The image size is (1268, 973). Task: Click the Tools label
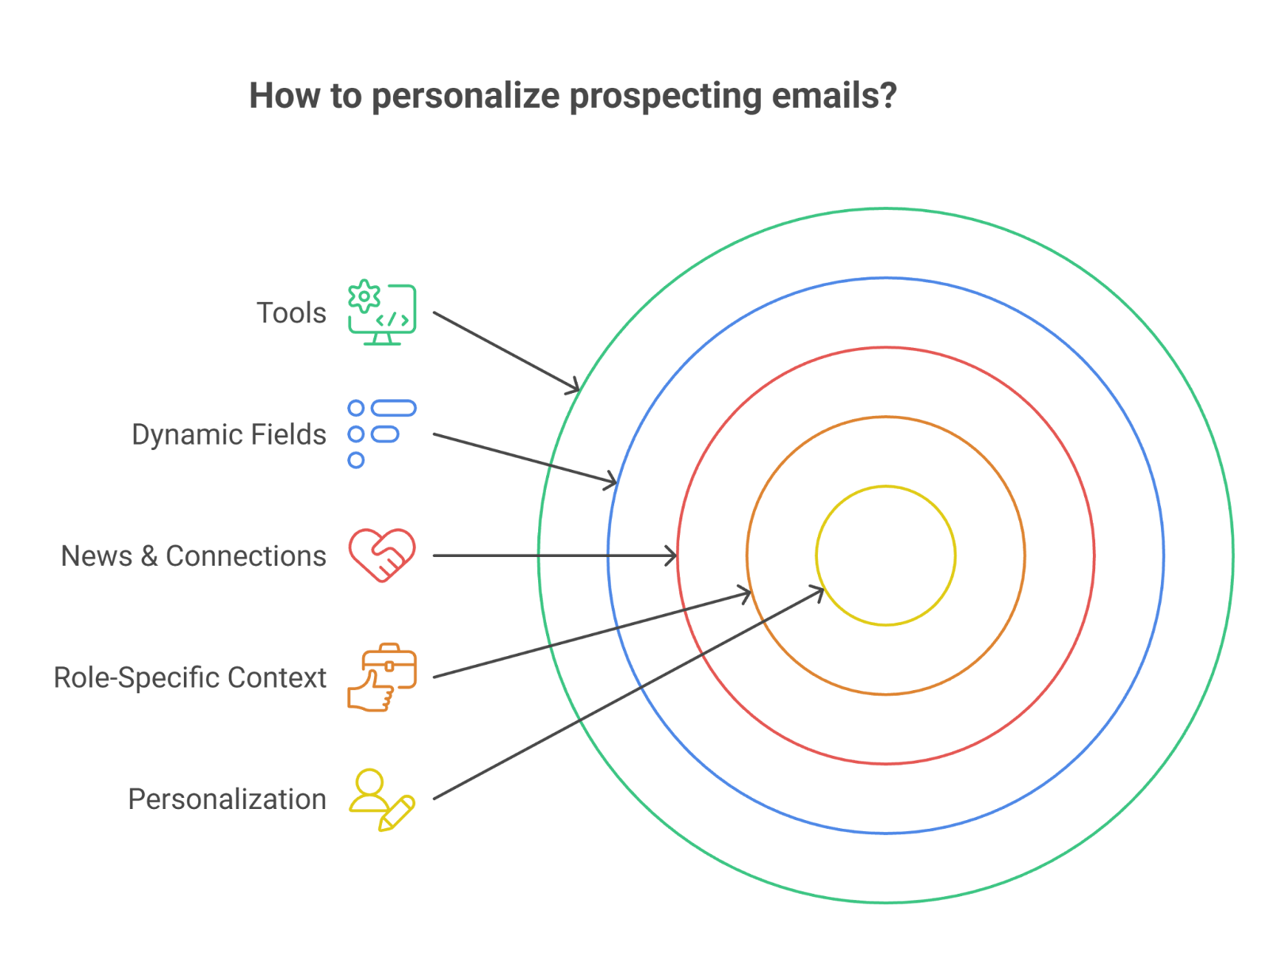(291, 313)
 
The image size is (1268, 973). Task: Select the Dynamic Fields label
(228, 434)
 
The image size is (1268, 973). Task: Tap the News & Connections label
(193, 556)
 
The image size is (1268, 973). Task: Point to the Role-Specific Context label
(189, 677)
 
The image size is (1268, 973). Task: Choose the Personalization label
(227, 799)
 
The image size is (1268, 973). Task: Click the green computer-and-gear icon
(382, 314)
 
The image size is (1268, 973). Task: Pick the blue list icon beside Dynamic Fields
(382, 434)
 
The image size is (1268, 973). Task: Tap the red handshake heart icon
(382, 555)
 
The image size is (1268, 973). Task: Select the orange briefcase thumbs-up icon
(382, 677)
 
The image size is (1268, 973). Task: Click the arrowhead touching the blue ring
(612, 480)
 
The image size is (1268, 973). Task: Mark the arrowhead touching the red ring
(673, 555)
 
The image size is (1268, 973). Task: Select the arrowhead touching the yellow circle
(817, 590)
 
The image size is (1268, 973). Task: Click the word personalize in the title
(465, 96)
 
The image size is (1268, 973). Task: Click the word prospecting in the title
(665, 96)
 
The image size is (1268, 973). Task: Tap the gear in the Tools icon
(364, 296)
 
